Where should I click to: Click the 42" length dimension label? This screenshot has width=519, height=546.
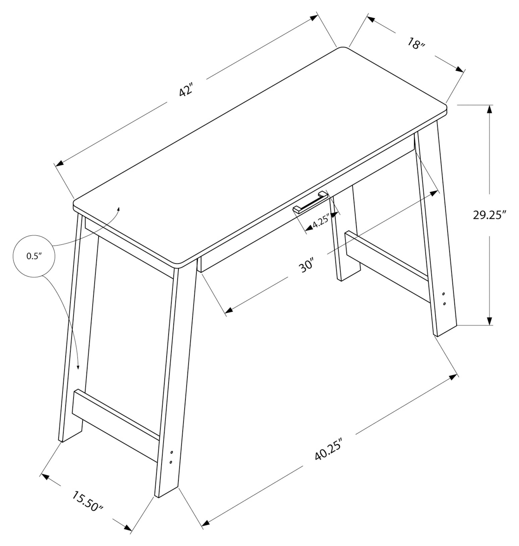point(186,91)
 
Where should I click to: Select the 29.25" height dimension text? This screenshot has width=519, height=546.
point(489,215)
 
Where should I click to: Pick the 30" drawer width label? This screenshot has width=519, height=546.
point(306,265)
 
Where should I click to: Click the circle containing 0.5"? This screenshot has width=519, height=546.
point(34,256)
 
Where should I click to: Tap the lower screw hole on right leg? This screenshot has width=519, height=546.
point(445,304)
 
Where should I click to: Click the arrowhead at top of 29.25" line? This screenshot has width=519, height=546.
point(490,109)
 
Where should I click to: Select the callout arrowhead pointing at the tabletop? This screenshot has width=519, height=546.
point(118,209)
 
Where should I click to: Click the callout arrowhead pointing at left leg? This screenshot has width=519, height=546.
point(78,367)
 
